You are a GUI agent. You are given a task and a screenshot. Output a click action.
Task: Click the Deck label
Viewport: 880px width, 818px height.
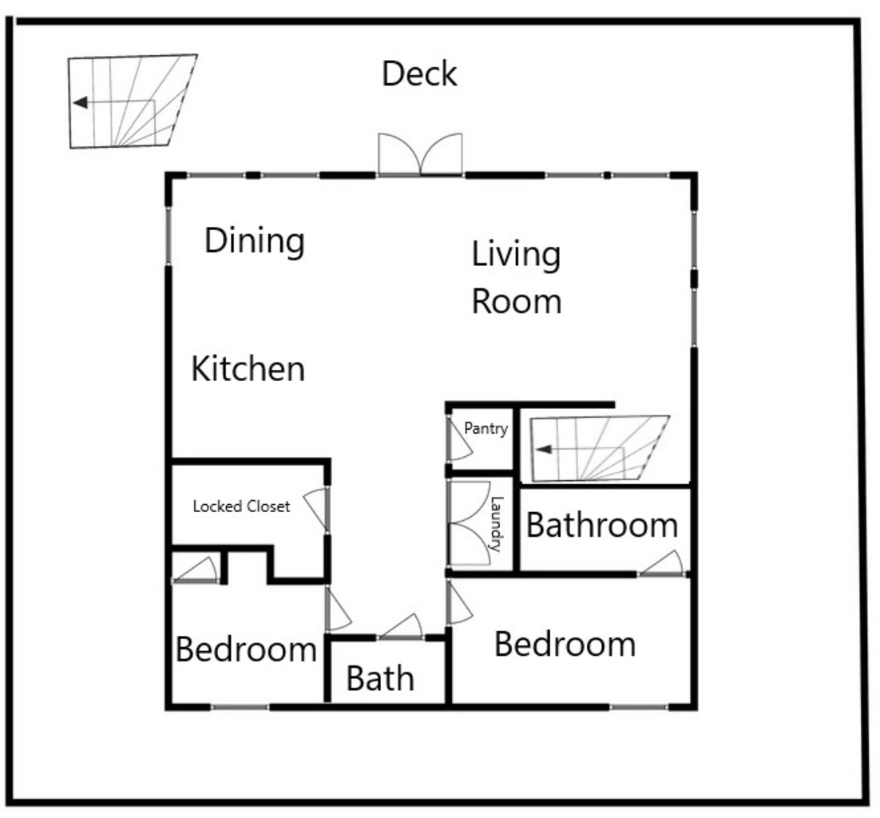click(419, 73)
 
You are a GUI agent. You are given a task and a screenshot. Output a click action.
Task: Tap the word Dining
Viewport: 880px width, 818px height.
click(254, 241)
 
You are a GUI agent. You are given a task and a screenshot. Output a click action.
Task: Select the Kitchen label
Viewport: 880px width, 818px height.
click(248, 369)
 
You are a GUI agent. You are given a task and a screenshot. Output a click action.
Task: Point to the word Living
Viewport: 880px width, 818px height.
click(516, 255)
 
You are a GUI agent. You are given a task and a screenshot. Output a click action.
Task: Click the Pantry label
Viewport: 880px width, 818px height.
click(486, 428)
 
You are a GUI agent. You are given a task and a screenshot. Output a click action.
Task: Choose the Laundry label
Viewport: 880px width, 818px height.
click(497, 524)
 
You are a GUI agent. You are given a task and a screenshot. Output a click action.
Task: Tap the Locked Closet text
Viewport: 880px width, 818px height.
click(241, 506)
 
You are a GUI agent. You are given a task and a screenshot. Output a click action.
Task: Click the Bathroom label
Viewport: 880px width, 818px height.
click(602, 526)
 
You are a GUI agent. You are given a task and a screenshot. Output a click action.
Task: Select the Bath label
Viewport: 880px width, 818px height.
click(381, 678)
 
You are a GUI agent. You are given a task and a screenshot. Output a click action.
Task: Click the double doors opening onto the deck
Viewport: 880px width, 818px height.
click(420, 154)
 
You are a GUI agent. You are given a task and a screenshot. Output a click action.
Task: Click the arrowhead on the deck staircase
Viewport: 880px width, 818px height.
click(81, 103)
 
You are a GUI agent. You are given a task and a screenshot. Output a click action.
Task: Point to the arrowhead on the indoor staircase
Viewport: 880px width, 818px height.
click(544, 450)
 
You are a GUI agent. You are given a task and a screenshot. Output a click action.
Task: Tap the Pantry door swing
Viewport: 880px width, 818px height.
click(460, 439)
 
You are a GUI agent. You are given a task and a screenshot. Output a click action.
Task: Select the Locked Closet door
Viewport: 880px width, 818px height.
click(316, 508)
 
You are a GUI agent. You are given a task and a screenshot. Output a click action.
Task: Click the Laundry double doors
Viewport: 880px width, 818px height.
click(470, 523)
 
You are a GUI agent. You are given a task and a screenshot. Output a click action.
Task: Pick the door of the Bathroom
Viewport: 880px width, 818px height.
click(662, 563)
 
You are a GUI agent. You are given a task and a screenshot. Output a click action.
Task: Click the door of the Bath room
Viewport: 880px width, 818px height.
click(400, 626)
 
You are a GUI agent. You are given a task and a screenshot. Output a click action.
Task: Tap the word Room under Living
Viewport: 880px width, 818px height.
click(517, 301)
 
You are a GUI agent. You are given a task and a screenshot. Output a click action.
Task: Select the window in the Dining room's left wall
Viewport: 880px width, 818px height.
click(168, 236)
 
